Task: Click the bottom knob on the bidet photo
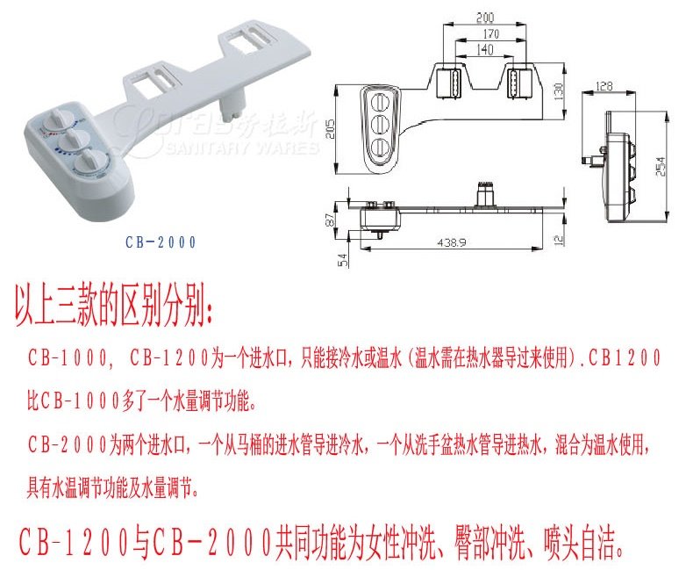click(88, 163)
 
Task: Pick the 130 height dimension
click(560, 93)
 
